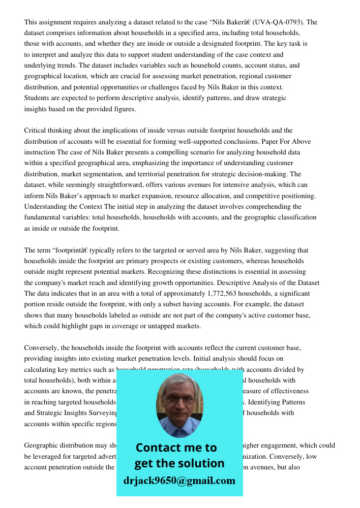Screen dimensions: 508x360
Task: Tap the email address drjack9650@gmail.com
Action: point(179,481)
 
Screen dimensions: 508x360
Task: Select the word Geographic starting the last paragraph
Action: point(42,446)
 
